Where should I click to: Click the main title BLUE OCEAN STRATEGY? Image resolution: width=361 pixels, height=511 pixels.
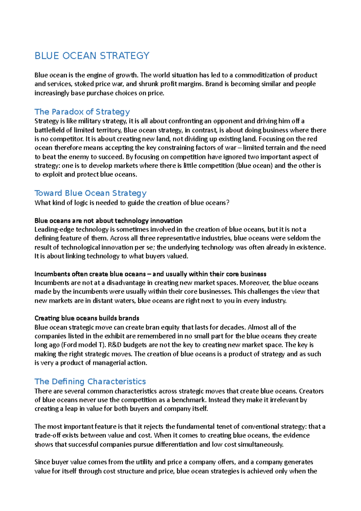92,56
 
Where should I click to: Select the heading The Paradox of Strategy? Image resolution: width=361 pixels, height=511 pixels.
82,112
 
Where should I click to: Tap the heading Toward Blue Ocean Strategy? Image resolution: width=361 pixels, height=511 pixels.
91,193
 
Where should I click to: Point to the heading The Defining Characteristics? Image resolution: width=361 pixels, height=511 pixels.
90,381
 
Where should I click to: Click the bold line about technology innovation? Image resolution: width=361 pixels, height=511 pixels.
109,221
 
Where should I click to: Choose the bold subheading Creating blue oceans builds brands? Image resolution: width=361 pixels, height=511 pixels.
87,318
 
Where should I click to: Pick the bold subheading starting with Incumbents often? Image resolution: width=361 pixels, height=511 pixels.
150,274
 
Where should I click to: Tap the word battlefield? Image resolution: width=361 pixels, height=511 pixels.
49,130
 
